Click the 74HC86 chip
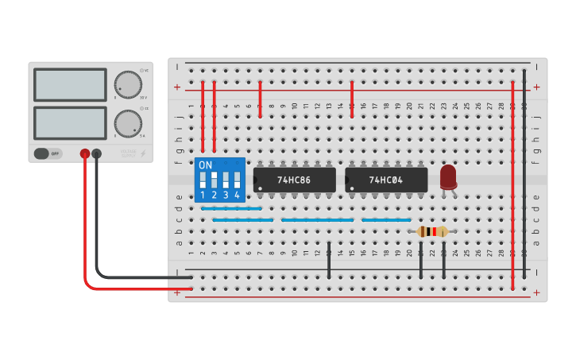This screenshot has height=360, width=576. point(294,180)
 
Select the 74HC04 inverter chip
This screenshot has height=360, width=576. point(386,180)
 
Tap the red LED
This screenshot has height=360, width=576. point(448,176)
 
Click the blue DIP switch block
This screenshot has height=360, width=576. point(220,180)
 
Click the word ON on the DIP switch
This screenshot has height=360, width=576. point(206,165)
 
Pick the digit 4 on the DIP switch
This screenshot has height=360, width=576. point(237,195)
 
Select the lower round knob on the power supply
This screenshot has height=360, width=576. point(127,123)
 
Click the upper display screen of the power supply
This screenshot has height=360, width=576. point(70,84)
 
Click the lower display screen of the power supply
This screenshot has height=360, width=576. point(70,122)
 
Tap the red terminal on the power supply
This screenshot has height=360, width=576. point(85,153)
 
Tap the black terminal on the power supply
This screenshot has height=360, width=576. point(97,153)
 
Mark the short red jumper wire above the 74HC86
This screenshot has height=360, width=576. point(260,99)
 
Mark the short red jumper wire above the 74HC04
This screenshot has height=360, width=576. point(352,99)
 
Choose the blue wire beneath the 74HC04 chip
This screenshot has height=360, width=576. point(386,219)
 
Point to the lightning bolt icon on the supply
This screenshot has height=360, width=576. point(143,153)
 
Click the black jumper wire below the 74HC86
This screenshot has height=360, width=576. point(329,260)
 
